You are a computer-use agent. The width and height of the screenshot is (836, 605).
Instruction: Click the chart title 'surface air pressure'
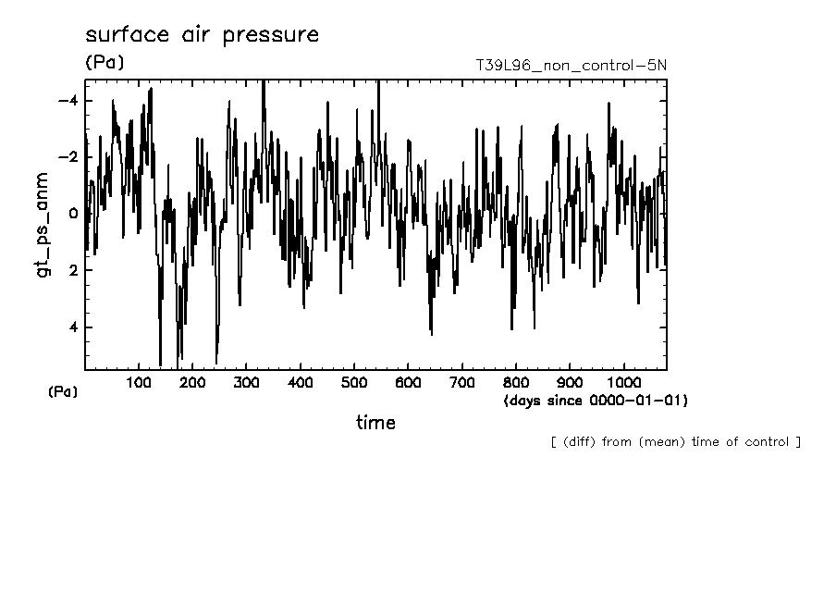[202, 35]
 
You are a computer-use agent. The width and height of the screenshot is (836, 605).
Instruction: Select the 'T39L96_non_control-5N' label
[570, 66]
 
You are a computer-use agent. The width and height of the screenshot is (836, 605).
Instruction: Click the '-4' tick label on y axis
[68, 101]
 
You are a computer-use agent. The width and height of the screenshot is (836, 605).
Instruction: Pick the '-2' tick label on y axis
[68, 157]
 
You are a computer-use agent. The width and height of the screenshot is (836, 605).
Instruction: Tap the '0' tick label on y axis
[73, 214]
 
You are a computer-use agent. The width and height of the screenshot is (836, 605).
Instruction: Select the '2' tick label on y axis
[73, 270]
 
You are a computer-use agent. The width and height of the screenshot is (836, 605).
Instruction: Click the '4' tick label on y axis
[73, 327]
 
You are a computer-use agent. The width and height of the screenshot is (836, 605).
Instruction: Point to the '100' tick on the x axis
[139, 383]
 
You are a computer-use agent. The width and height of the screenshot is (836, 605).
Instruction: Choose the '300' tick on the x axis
[247, 383]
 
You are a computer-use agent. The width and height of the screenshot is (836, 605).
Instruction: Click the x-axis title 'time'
[375, 423]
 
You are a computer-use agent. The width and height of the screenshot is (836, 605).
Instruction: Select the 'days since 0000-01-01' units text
[596, 401]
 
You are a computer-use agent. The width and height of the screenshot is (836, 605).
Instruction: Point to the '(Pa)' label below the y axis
[63, 392]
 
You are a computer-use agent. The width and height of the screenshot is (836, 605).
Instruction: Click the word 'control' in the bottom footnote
[764, 442]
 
